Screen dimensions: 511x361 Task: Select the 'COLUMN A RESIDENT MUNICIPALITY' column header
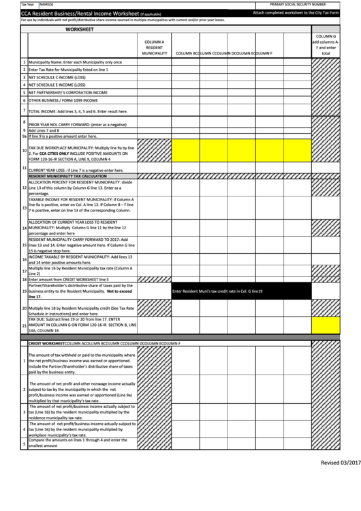(x=154, y=47)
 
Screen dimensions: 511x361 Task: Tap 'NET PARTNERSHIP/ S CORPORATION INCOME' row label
(x=68, y=92)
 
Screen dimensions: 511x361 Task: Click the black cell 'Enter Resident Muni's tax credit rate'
(x=217, y=292)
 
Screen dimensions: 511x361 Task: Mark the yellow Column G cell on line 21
(x=326, y=325)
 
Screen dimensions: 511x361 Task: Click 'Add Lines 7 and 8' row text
(x=44, y=130)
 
